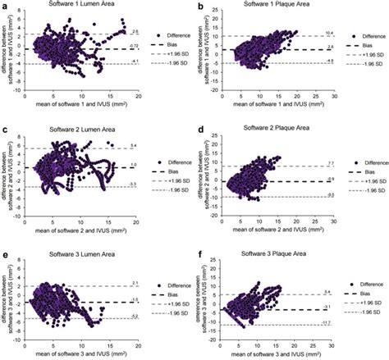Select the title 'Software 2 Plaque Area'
[281, 130]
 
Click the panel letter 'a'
[5, 6]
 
